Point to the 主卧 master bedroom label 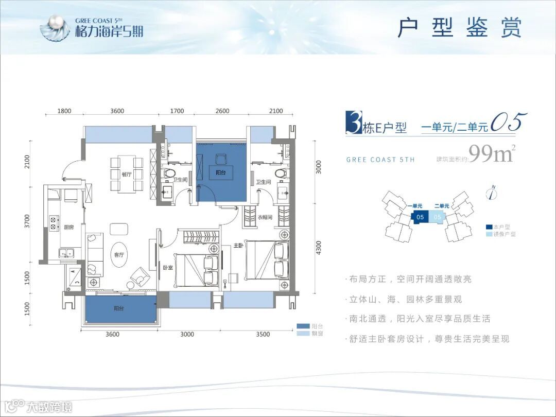pos(238,246)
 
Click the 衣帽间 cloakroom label pos(265,218)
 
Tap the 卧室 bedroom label pos(168,268)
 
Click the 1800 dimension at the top pos(64,111)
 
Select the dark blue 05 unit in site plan pos(420,217)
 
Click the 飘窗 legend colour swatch pos(302,334)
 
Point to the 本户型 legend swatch pos(489,227)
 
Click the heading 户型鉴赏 pos(460,28)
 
